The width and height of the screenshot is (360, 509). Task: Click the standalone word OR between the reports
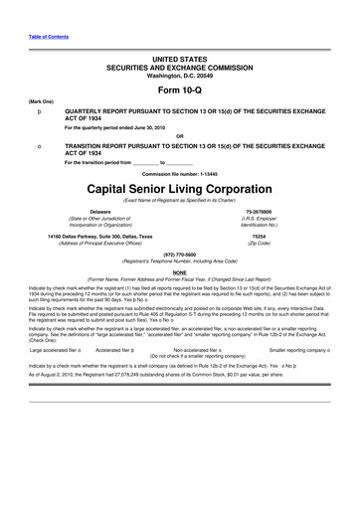pyautogui.click(x=179, y=135)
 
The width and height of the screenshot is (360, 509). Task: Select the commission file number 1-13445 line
pyautogui.click(x=179, y=171)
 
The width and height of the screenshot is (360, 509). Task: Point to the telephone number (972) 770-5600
pyautogui.click(x=179, y=253)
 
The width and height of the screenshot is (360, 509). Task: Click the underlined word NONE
pyautogui.click(x=179, y=271)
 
